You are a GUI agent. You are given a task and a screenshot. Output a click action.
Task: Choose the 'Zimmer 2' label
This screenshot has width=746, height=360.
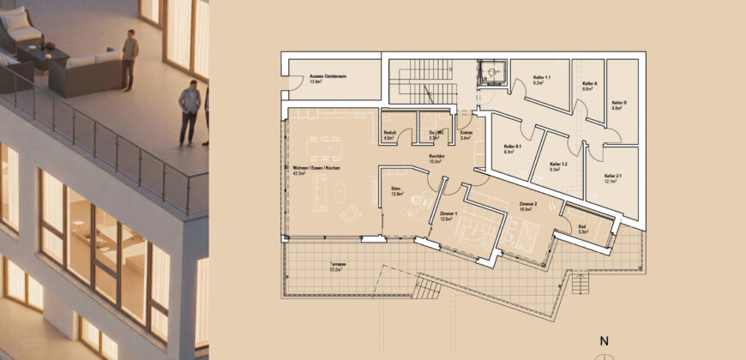pyautogui.click(x=527, y=204)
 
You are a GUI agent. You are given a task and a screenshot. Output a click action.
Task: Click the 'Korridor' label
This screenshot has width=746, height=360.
pyautogui.click(x=437, y=156)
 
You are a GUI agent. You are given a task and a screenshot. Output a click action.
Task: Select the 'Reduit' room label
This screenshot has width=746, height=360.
pyautogui.click(x=389, y=133)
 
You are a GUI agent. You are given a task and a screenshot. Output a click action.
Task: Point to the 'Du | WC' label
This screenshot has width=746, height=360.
pyautogui.click(x=434, y=133)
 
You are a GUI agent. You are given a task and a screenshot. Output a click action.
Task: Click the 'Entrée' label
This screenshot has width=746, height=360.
pyautogui.click(x=466, y=133)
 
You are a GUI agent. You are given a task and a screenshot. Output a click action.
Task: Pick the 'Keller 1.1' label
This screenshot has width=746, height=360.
pyautogui.click(x=541, y=79)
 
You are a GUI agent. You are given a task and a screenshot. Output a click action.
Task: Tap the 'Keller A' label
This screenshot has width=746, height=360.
pyautogui.click(x=589, y=85)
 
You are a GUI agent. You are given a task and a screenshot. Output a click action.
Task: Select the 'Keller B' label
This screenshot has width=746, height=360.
pyautogui.click(x=619, y=104)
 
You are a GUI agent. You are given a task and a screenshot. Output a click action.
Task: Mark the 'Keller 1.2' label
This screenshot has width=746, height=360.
pyautogui.click(x=559, y=165)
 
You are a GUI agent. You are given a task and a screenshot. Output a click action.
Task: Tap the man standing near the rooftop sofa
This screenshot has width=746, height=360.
pyautogui.click(x=129, y=58)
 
